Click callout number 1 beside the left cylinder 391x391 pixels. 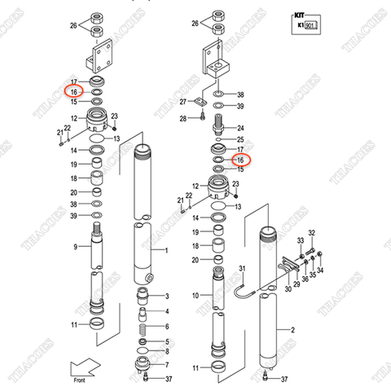[166, 250]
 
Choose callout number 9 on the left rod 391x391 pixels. [74, 246]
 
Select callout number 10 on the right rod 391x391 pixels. [195, 295]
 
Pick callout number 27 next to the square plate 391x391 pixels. [185, 102]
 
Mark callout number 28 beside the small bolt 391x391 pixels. [185, 118]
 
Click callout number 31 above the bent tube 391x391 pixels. [241, 269]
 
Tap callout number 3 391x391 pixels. [166, 295]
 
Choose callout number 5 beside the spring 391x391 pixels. [166, 340]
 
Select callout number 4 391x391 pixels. [166, 310]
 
